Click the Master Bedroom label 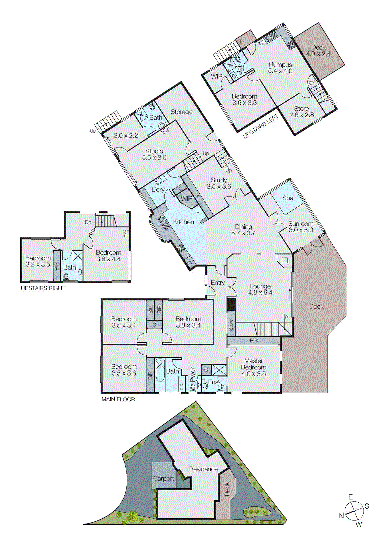tap(254, 364)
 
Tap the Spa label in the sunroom tap(287, 198)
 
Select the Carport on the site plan tap(163, 478)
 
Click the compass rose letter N tap(341, 516)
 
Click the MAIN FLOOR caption tap(118, 399)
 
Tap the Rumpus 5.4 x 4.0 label tap(280, 68)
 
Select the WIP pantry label tap(186, 198)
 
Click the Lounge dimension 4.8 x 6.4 tap(260, 293)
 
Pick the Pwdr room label tap(193, 374)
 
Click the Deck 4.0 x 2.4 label tap(318, 50)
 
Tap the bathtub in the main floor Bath tap(160, 370)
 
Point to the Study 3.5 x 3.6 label tap(219, 183)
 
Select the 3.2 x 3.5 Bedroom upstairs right tap(38, 261)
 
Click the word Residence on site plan tap(203, 469)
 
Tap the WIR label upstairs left tap(217, 76)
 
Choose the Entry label tap(218, 283)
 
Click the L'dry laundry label tap(158, 190)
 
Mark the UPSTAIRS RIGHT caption tap(43, 288)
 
